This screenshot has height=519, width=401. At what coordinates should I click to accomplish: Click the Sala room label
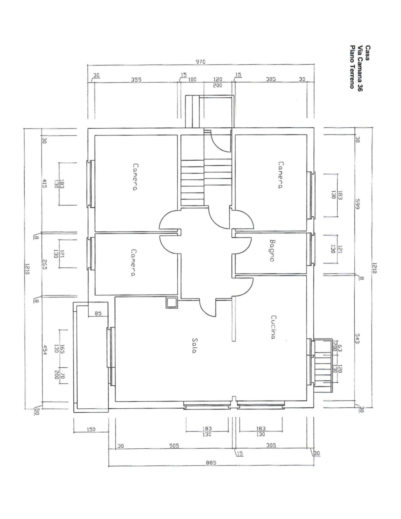click(x=194, y=345)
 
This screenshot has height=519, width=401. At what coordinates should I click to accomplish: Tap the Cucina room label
click(x=273, y=327)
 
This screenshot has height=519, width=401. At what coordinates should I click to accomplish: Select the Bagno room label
click(x=272, y=251)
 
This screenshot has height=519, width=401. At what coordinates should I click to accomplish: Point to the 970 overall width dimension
click(x=200, y=62)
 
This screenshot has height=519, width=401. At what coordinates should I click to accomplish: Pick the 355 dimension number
click(x=136, y=80)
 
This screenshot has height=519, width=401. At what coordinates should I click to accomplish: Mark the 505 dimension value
click(x=174, y=446)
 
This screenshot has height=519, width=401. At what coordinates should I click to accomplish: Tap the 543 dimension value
click(x=357, y=338)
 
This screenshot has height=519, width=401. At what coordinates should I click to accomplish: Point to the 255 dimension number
click(x=44, y=264)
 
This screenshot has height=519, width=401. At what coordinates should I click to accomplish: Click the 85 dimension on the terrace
click(x=98, y=313)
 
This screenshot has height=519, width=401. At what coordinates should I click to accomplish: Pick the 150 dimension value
click(x=91, y=429)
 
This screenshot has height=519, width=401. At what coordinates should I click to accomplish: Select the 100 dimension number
click(x=192, y=79)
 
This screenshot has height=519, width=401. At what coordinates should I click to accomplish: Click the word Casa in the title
click(x=367, y=53)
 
